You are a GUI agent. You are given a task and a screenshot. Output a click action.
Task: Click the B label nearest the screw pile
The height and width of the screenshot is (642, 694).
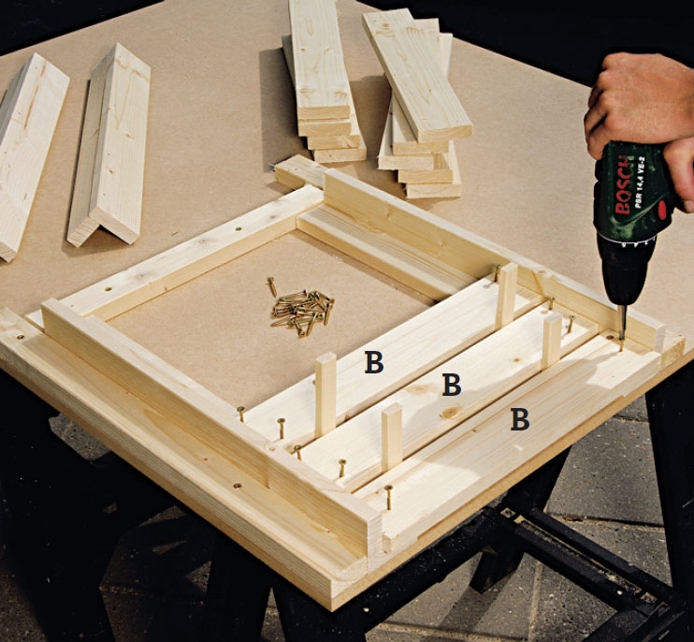(x=374, y=362)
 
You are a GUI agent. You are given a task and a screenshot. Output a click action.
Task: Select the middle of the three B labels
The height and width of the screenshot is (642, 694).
(x=452, y=385)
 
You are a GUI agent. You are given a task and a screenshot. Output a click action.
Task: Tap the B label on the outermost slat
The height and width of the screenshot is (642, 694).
(x=520, y=419)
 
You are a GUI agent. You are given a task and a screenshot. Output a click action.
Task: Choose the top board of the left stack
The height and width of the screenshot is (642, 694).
(x=320, y=62)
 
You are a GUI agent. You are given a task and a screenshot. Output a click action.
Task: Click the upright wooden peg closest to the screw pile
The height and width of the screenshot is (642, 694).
(x=325, y=394)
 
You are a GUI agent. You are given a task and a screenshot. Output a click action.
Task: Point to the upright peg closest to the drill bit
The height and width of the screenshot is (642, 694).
(x=552, y=342)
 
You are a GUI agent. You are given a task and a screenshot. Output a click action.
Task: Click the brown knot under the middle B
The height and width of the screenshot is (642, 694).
(x=450, y=412)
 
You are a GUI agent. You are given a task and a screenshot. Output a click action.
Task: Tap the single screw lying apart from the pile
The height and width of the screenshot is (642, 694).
(x=272, y=286)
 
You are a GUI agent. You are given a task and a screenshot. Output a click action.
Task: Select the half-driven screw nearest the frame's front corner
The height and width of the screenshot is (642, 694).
(x=388, y=497)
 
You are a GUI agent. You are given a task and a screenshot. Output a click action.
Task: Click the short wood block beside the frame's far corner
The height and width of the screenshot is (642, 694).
(x=299, y=171)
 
